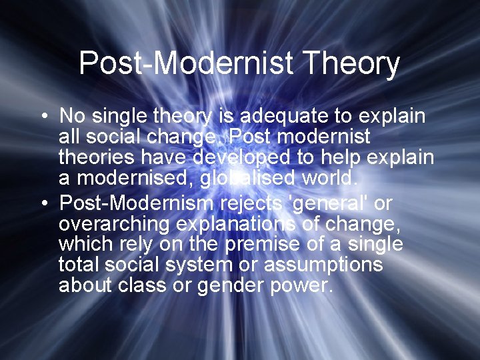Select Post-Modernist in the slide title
(186, 64)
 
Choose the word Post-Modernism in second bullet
(137, 202)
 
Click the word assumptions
(323, 265)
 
